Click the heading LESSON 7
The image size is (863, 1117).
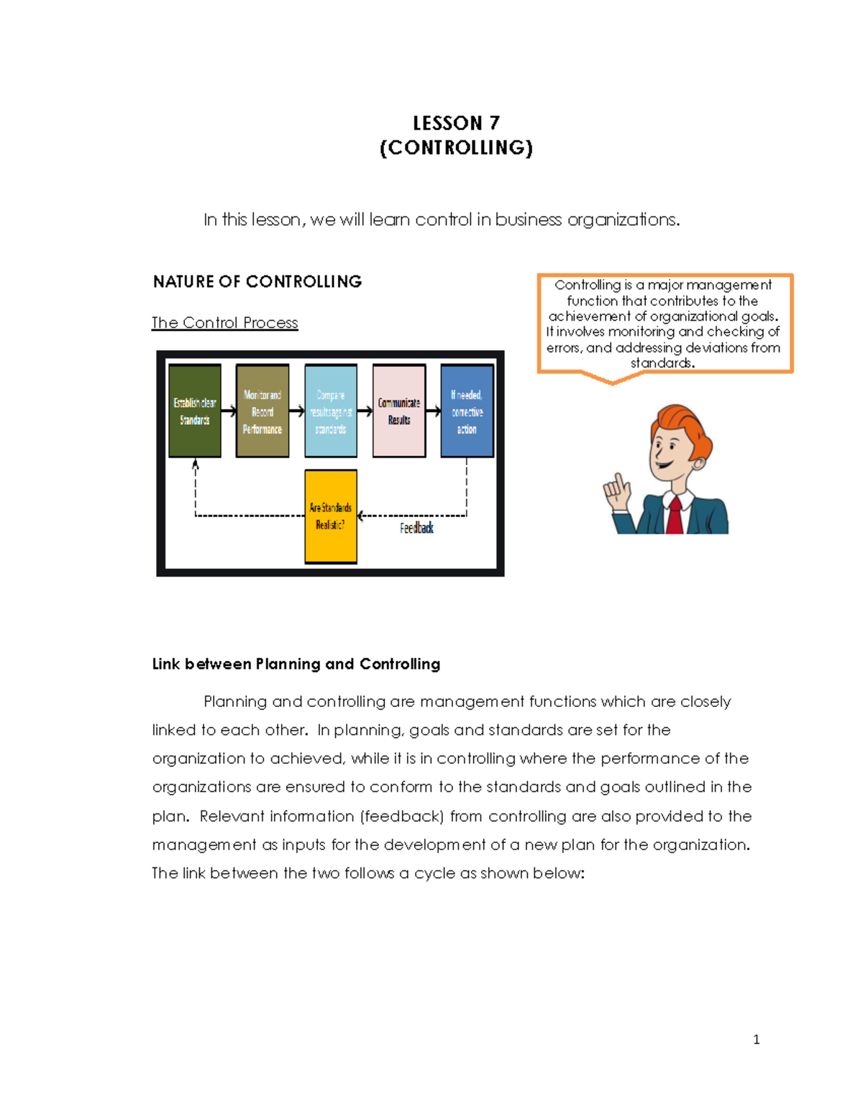click(456, 123)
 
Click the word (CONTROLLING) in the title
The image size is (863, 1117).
click(456, 148)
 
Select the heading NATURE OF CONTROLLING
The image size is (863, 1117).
click(257, 281)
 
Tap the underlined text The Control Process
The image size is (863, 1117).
click(224, 323)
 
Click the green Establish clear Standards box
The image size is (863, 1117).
click(195, 411)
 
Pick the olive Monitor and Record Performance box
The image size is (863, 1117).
click(262, 411)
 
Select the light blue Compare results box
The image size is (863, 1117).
click(331, 411)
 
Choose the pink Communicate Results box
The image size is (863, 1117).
click(399, 411)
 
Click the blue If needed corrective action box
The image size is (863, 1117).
click(467, 411)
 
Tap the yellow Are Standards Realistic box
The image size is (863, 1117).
click(331, 516)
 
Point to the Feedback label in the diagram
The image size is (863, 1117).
click(416, 529)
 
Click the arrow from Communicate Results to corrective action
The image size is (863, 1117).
click(434, 411)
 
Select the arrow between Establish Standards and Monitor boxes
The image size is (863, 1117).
click(229, 411)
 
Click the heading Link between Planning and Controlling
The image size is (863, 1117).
click(296, 664)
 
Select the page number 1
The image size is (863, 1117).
click(756, 1039)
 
